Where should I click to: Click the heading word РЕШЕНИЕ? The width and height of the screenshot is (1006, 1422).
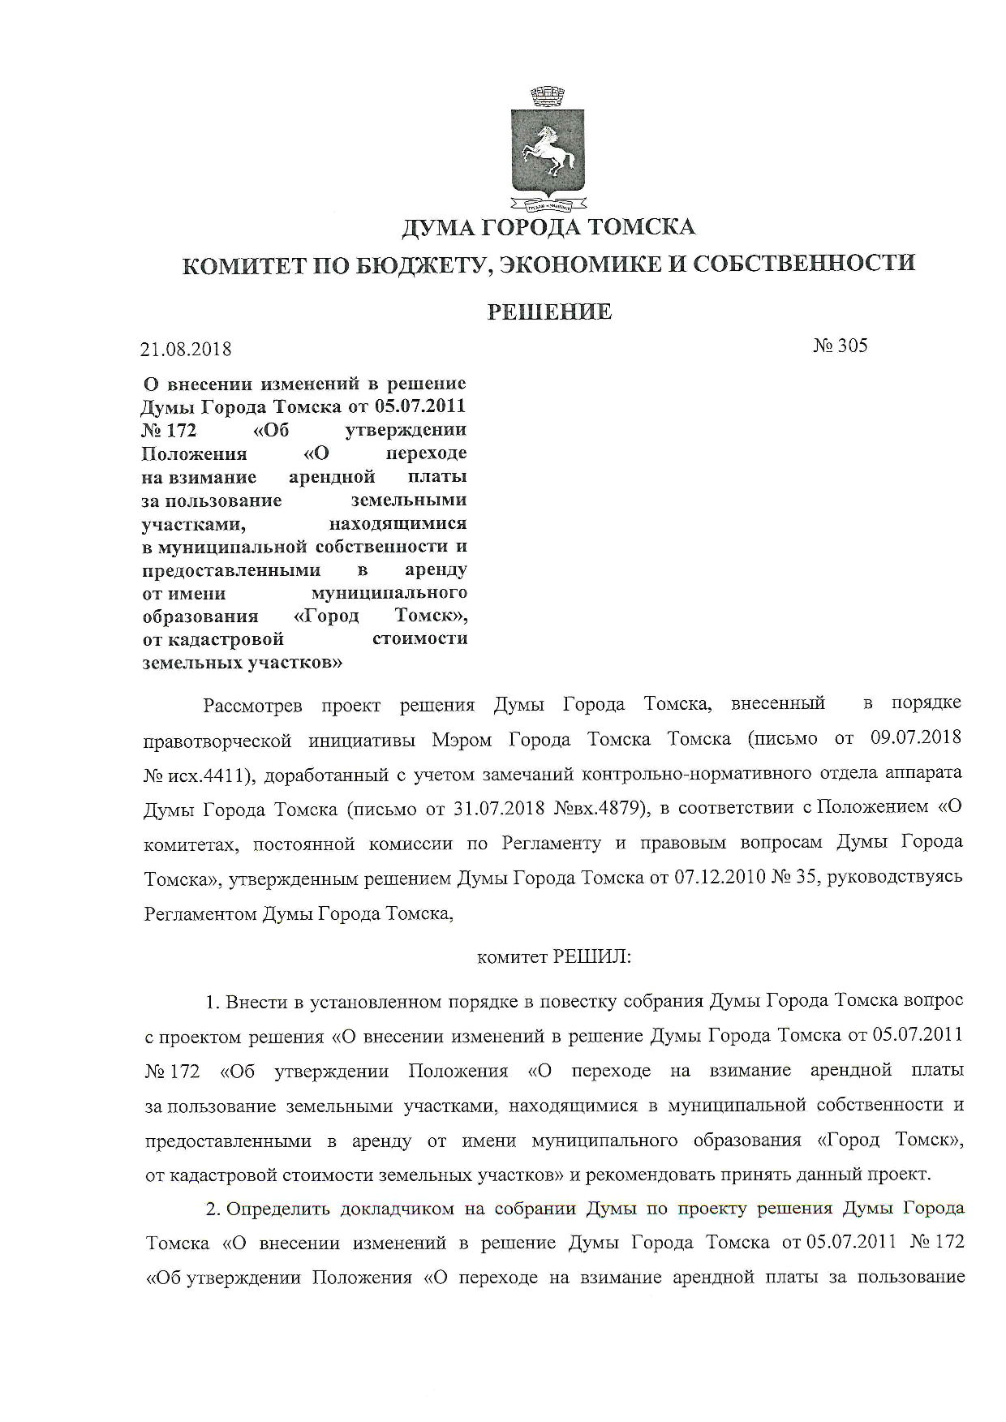coord(549,311)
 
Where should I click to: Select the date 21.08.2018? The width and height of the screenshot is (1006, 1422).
coord(186,349)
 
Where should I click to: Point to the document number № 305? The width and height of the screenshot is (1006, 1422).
coord(840,346)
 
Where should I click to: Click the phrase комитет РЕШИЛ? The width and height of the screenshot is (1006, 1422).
coord(554,957)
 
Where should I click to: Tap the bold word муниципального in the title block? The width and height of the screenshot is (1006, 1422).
coord(389,594)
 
